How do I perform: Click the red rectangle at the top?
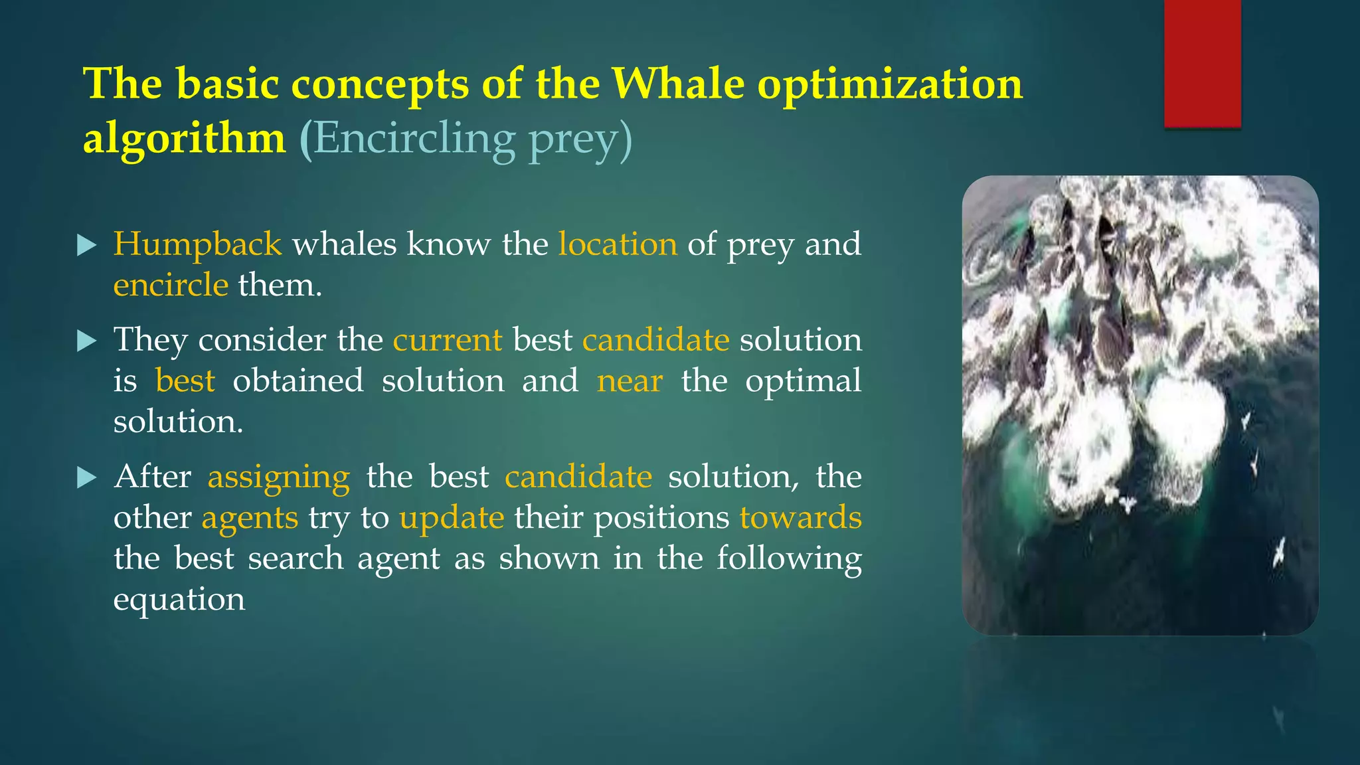(1202, 63)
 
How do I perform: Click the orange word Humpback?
(197, 244)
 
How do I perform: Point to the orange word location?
(618, 244)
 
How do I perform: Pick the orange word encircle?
(171, 286)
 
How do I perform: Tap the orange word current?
(448, 340)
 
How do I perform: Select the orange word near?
(630, 381)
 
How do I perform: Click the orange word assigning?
(278, 477)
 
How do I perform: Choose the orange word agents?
(250, 518)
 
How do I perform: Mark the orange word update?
(452, 518)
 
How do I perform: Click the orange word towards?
(800, 517)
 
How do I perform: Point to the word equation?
(179, 600)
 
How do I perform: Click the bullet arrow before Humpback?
(87, 245)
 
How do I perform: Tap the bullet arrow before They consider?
(87, 341)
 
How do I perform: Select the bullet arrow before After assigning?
(87, 477)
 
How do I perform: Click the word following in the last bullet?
(789, 558)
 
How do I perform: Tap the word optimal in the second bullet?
(803, 381)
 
